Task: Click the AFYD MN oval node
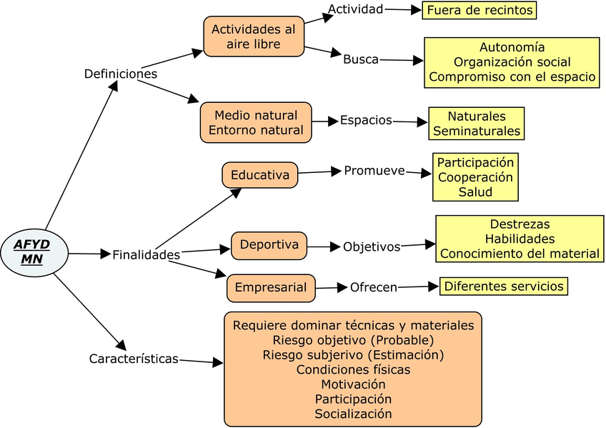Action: tap(34, 252)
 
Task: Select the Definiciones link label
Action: tap(121, 74)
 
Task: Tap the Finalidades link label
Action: tap(146, 255)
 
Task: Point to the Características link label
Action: tap(134, 359)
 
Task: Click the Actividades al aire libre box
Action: tap(254, 36)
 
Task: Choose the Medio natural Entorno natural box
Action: tap(256, 122)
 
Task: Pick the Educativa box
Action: tap(259, 175)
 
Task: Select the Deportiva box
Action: tap(269, 245)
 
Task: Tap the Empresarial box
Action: tap(271, 288)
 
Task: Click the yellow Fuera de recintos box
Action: tap(480, 10)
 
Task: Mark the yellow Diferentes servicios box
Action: tap(504, 287)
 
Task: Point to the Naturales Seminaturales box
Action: tap(476, 124)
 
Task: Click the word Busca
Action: tap(361, 59)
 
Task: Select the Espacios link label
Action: tap(366, 121)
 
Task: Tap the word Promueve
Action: tap(374, 171)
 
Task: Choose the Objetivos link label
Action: tap(372, 247)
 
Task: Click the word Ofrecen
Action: tap(374, 287)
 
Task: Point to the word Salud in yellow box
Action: tap(475, 192)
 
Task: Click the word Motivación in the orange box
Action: tap(353, 384)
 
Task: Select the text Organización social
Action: tap(512, 62)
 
